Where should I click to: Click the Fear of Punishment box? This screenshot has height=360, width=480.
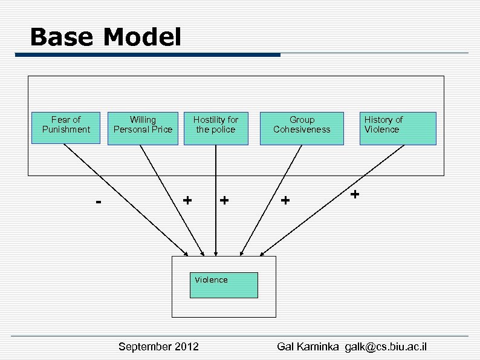coord(66,128)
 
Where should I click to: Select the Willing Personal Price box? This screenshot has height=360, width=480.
coord(143,128)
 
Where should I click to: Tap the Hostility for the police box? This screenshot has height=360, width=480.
coord(216,128)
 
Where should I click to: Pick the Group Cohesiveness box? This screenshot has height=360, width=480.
coord(302,128)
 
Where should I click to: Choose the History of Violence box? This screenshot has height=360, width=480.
coord(398,128)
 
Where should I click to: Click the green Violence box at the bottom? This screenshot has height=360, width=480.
coord(224,285)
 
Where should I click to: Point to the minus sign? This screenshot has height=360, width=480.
coord(99,200)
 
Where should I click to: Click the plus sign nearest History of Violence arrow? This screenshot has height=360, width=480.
coord(355,194)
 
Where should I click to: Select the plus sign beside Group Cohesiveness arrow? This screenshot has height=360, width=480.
coord(285,199)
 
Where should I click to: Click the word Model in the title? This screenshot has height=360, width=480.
coord(142,38)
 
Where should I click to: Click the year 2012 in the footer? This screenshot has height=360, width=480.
coord(186,347)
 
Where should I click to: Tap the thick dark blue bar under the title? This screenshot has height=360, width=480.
coord(148,55)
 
